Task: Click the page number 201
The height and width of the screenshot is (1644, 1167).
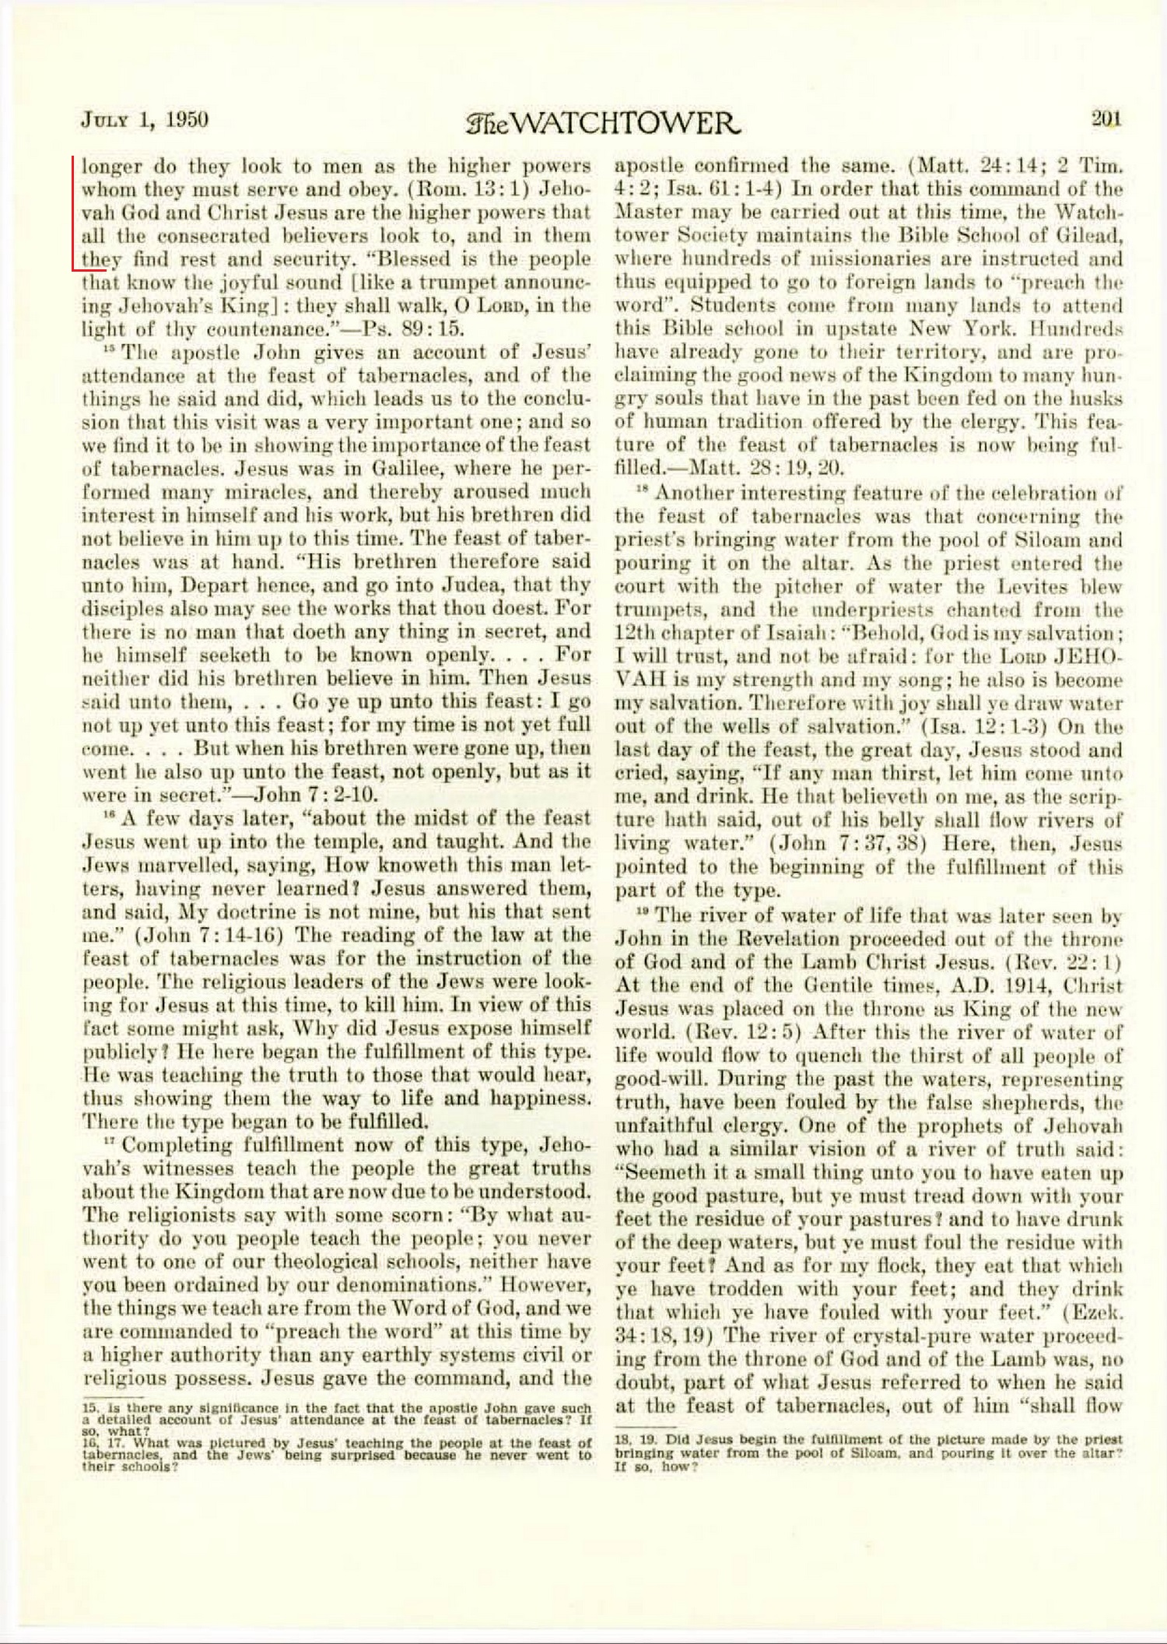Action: coord(1106,119)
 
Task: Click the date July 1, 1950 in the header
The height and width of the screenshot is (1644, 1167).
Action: coord(145,120)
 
